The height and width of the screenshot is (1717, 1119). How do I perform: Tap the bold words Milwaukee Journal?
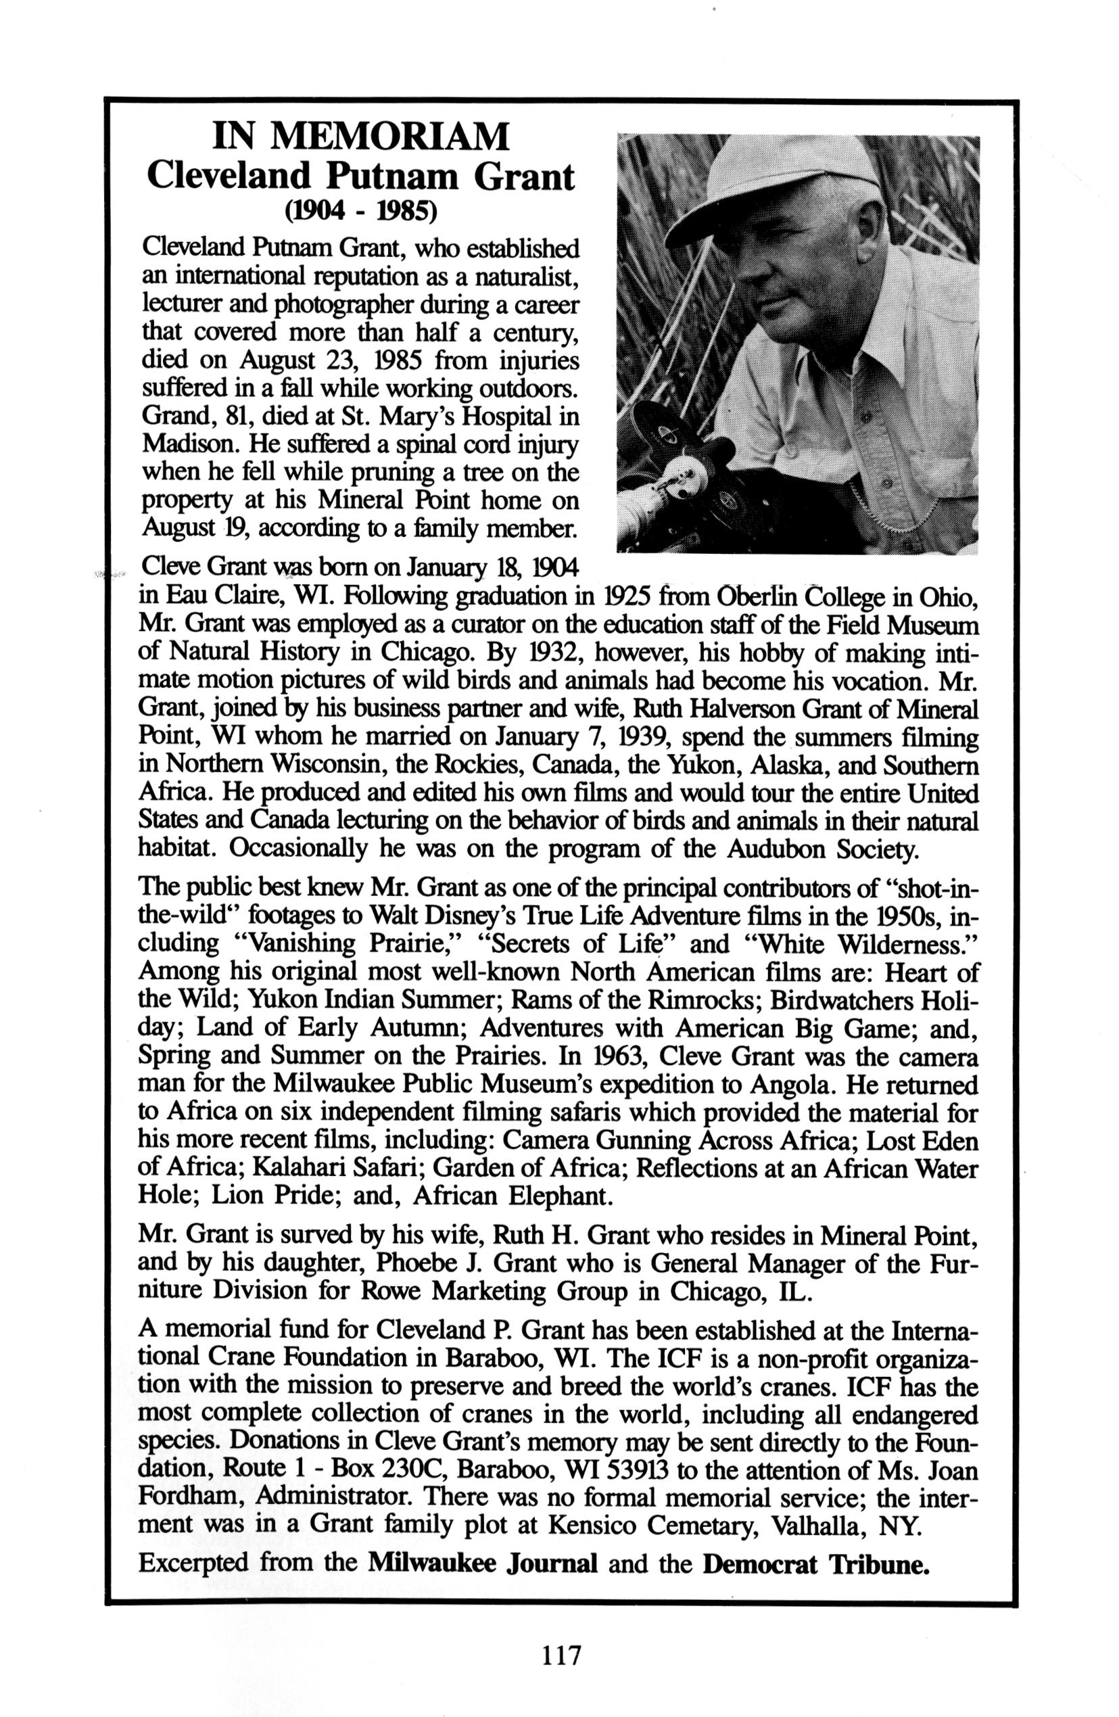coord(482,1545)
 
